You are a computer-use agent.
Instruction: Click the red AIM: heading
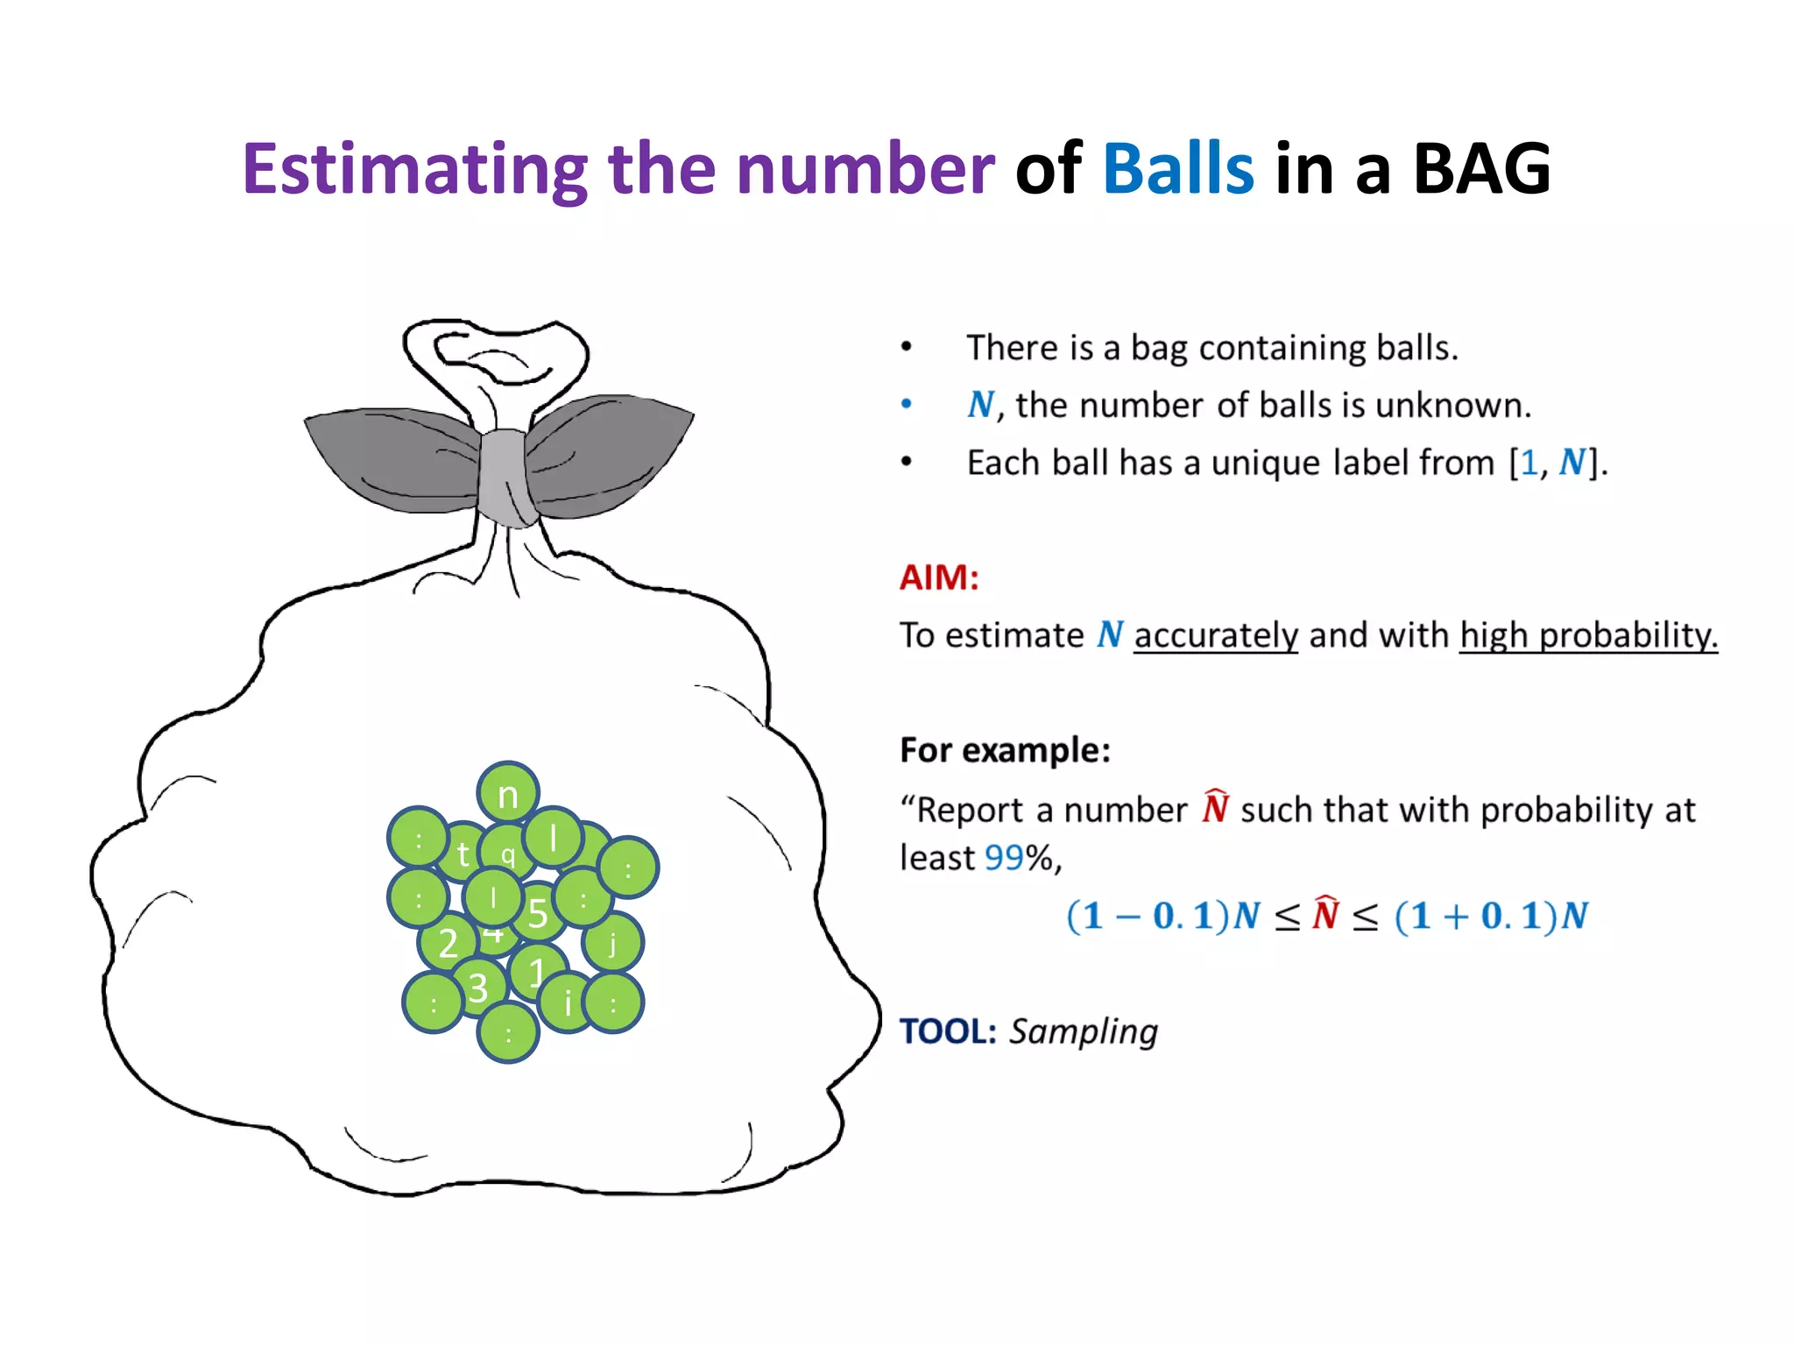tap(938, 577)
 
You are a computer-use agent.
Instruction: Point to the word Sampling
tap(1083, 1031)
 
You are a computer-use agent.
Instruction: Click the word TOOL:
tap(948, 1031)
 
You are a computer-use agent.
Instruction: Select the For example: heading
tap(1005, 750)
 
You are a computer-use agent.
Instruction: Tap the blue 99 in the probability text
tap(1004, 858)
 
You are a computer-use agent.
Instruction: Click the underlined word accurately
tap(1215, 635)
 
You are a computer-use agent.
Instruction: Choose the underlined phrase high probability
tap(1587, 635)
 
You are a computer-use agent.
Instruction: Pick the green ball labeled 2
tap(446, 943)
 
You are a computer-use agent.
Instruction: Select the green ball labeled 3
tap(477, 988)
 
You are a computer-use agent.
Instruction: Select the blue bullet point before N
tap(907, 404)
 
